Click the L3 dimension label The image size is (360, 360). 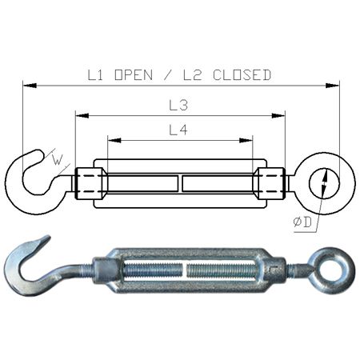coord(179,105)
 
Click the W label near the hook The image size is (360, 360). coord(57,159)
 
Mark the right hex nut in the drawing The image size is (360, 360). coord(270,183)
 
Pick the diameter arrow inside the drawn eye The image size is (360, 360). coord(324,183)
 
